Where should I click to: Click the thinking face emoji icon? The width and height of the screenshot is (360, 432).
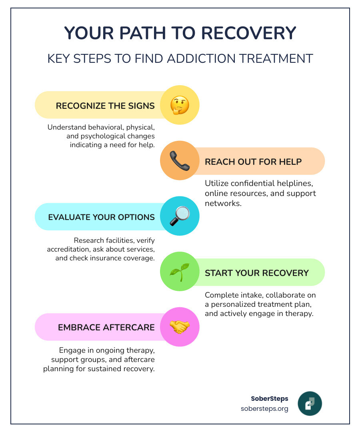pyautogui.click(x=180, y=105)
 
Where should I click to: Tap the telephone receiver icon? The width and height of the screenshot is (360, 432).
pyautogui.click(x=180, y=161)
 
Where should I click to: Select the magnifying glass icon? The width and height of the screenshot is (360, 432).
pyautogui.click(x=180, y=216)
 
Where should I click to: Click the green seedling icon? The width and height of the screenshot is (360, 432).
pyautogui.click(x=180, y=272)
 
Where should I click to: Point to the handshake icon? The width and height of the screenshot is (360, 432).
pyautogui.click(x=180, y=327)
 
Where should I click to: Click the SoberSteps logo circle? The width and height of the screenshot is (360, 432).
pyautogui.click(x=310, y=404)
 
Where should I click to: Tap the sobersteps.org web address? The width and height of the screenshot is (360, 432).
pyautogui.click(x=264, y=409)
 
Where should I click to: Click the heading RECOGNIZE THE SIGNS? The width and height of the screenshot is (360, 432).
pyautogui.click(x=105, y=106)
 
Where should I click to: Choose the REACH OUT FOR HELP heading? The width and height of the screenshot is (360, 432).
pyautogui.click(x=253, y=162)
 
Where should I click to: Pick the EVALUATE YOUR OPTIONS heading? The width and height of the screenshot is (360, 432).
pyautogui.click(x=101, y=217)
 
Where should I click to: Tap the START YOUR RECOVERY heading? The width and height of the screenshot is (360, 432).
pyautogui.click(x=257, y=273)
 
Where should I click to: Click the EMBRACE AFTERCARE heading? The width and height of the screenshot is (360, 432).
pyautogui.click(x=106, y=327)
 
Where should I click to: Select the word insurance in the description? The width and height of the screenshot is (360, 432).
pyautogui.click(x=106, y=258)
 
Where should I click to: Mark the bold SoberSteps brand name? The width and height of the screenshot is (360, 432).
pyautogui.click(x=269, y=398)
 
